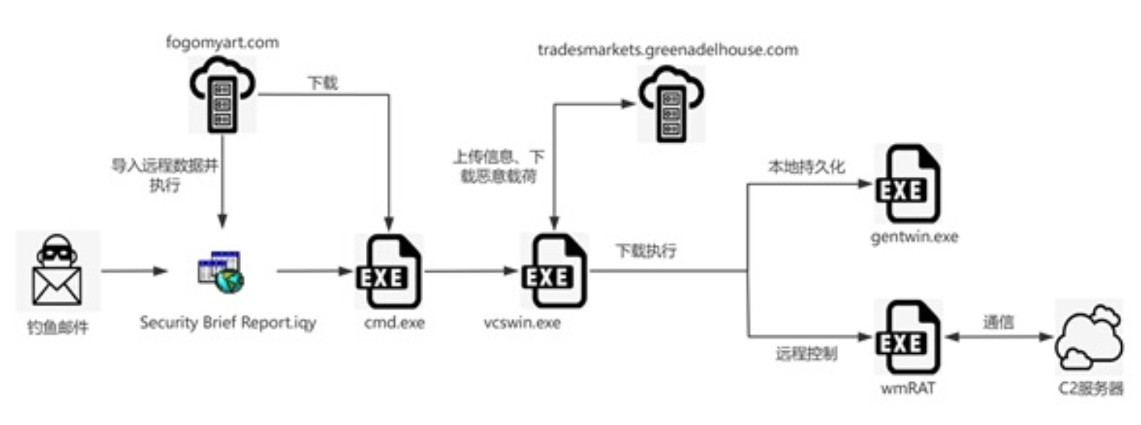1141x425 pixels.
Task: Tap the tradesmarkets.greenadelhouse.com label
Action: pyautogui.click(x=667, y=50)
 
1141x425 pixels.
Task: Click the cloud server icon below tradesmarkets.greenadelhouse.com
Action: pyautogui.click(x=670, y=103)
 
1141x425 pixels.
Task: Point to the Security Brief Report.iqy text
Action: pyautogui.click(x=227, y=323)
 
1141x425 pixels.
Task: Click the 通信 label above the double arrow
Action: pyautogui.click(x=999, y=322)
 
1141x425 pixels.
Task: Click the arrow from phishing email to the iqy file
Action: pyautogui.click(x=134, y=271)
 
